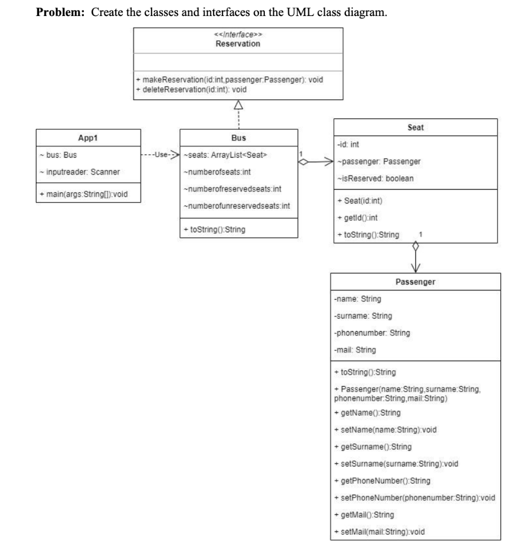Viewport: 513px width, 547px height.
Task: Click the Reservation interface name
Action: pos(238,44)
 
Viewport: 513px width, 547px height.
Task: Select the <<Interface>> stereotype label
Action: pos(238,36)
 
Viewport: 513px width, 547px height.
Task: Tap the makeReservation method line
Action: pos(230,80)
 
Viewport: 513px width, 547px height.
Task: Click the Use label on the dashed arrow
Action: pos(160,155)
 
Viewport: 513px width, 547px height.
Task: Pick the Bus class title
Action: pos(239,137)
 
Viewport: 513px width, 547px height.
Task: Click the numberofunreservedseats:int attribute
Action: pos(232,206)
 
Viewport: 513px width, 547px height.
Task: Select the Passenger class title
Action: pos(415,281)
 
